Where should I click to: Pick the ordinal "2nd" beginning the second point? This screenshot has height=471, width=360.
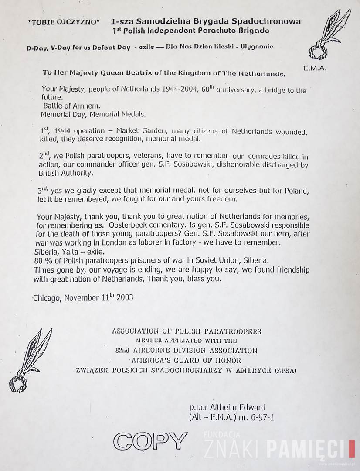(44, 156)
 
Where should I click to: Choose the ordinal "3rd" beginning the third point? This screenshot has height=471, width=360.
(44, 190)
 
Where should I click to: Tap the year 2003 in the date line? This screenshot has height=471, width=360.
(123, 298)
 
